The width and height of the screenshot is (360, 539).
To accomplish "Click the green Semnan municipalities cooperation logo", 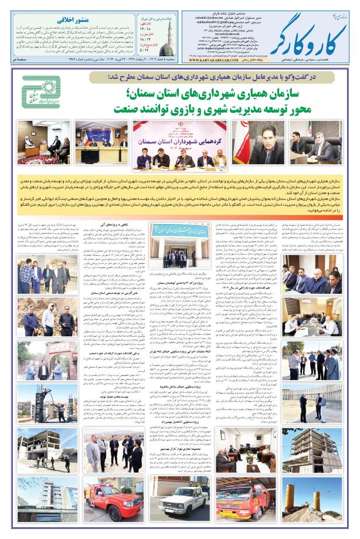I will pos(42,94).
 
